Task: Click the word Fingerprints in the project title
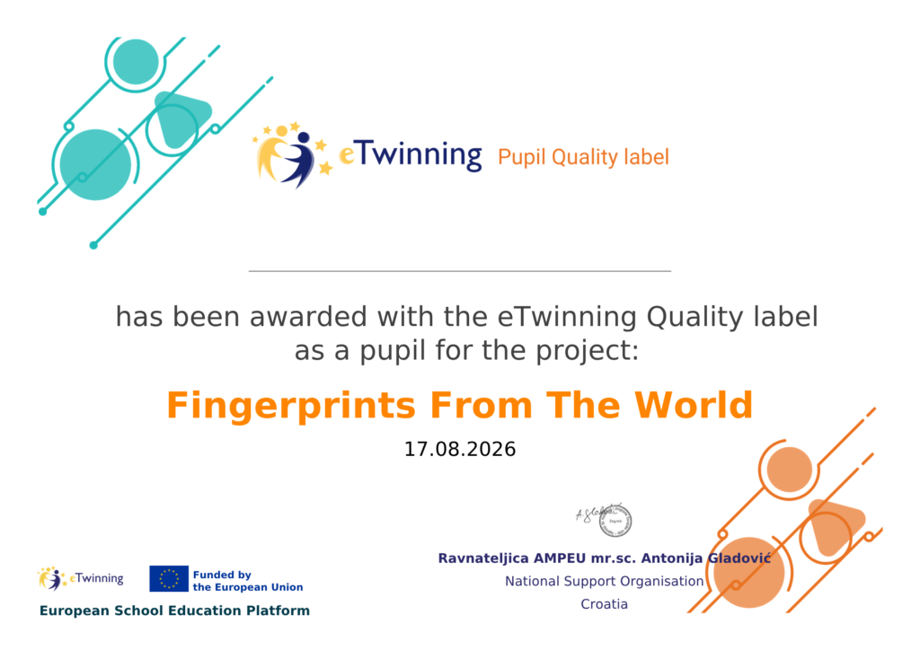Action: [x=291, y=406]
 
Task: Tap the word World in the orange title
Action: [x=693, y=405]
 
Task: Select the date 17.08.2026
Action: [x=460, y=450]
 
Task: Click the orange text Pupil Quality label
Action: [x=583, y=157]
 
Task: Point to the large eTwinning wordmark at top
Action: [x=410, y=154]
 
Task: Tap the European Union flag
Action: [x=168, y=578]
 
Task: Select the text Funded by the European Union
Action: [x=248, y=581]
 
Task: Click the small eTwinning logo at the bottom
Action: [x=80, y=578]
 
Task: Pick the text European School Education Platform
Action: [x=174, y=610]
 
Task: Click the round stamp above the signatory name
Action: [x=615, y=521]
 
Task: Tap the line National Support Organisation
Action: [x=605, y=582]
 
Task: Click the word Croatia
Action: [x=605, y=604]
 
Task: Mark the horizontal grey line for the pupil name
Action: [x=460, y=271]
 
